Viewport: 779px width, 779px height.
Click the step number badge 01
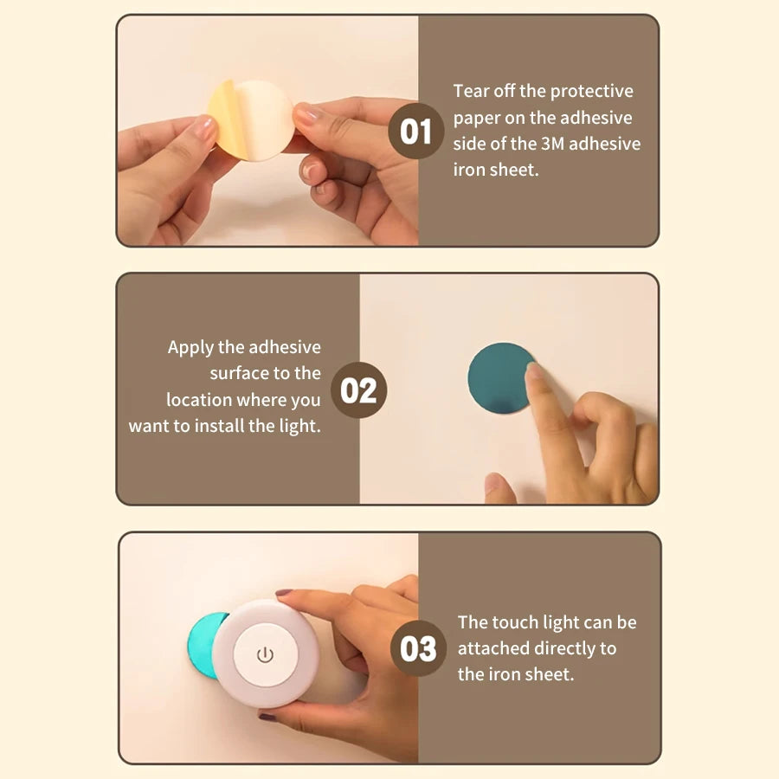[x=416, y=131]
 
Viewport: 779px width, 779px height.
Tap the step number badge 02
[x=358, y=390]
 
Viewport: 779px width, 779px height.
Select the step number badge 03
[x=419, y=648]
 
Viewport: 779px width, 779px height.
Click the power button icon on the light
[x=265, y=654]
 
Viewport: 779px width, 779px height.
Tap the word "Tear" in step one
[x=471, y=91]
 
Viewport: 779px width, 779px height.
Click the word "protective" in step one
[x=591, y=91]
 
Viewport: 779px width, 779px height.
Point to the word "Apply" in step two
[x=190, y=347]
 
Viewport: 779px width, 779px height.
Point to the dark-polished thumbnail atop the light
[x=284, y=594]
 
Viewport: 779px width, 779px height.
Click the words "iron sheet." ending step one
[x=496, y=170]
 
